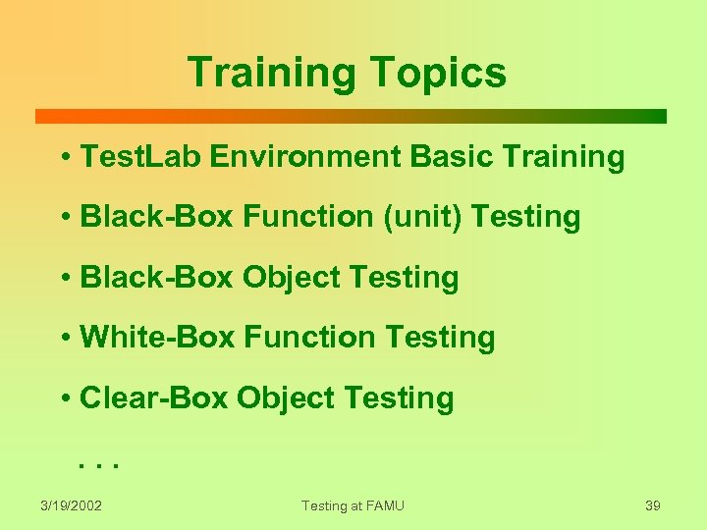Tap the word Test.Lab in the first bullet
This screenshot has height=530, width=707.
[137, 157]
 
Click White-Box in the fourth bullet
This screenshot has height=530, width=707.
[157, 338]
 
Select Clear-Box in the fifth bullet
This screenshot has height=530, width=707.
[154, 398]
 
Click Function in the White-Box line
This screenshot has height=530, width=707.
[310, 338]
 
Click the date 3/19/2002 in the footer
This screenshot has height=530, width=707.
[72, 505]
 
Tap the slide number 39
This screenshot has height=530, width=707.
[653, 505]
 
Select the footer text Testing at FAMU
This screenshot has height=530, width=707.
[353, 505]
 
